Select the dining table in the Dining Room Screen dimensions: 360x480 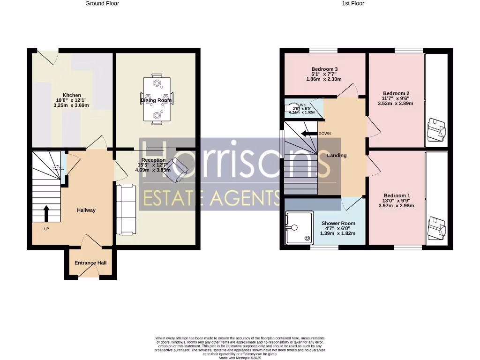point(157,99)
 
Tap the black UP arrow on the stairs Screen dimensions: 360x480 point(46,213)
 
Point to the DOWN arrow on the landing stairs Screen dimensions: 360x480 point(309,134)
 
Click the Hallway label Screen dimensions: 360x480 point(86,210)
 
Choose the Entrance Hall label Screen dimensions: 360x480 point(90,263)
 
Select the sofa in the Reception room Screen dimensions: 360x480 point(126,210)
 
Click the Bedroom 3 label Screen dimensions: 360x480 point(324,69)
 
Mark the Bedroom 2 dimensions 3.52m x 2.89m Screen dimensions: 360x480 point(396,104)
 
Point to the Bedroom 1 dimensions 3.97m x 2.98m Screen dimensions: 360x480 point(397,206)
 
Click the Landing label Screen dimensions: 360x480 point(337,155)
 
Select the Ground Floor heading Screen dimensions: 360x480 point(102,3)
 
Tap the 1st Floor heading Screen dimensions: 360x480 point(352,3)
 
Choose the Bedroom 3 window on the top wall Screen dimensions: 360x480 point(323,50)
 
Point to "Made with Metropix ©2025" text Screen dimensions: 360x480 point(240,358)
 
